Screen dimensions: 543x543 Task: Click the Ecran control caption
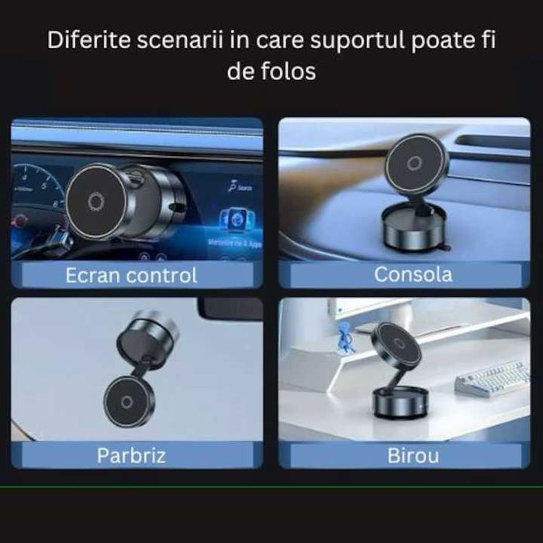click(131, 275)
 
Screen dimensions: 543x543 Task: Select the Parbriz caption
click(132, 455)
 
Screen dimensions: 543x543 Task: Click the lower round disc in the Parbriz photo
click(130, 401)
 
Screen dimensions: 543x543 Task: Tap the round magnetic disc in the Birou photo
click(396, 346)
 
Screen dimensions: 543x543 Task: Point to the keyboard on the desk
click(492, 378)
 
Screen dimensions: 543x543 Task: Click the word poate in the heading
click(435, 41)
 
